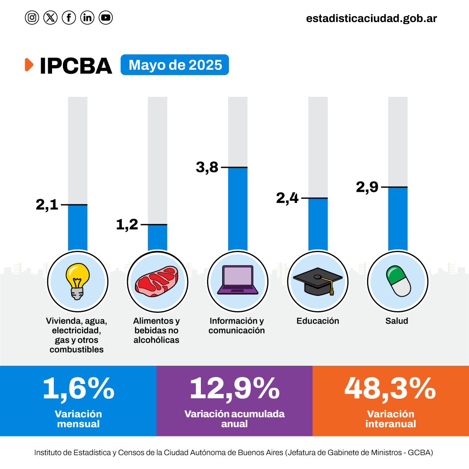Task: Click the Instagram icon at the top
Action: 32,18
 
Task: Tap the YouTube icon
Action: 105,18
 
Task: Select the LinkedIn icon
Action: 87,18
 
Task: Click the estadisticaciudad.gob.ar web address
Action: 371,18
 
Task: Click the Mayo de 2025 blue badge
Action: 175,65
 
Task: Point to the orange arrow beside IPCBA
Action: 29,65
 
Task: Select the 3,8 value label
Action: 207,167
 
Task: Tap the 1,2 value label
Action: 127,225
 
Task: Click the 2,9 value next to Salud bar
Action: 367,187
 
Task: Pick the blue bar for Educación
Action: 318,224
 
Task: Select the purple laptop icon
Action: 237,280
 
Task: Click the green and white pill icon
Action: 398,281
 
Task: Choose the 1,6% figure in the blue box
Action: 79,388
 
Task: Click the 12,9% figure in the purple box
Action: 234,388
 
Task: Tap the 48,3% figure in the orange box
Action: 390,388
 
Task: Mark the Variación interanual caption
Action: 390,419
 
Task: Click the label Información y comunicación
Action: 236,326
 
